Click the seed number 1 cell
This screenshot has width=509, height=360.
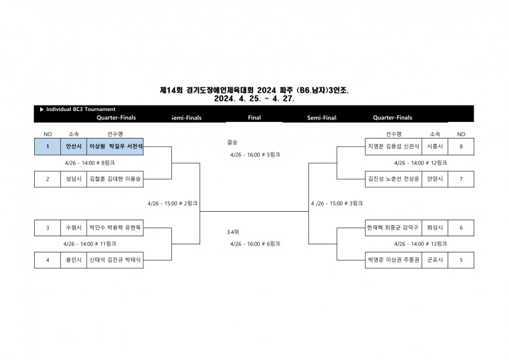tap(48, 146)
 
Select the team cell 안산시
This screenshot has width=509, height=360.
tap(73, 146)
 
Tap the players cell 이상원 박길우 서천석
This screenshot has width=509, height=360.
tap(115, 146)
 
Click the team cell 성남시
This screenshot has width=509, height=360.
tap(73, 179)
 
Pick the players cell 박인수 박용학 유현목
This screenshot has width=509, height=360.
tap(115, 228)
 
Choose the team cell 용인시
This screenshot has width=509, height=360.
tap(73, 260)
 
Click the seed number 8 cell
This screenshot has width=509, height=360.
tap(461, 146)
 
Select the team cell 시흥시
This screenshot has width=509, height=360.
tap(435, 146)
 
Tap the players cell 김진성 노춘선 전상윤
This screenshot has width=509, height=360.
tap(393, 179)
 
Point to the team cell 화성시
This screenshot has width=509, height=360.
tap(435, 228)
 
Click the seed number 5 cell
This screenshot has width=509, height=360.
tap(461, 260)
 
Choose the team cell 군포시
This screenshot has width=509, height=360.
tap(435, 260)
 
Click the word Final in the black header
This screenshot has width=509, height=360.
tap(255, 118)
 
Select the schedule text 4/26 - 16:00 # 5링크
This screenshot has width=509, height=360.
tap(255, 155)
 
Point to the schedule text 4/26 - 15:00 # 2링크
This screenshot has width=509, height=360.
tap(173, 203)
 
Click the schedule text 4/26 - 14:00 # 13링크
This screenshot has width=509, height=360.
tap(421, 243)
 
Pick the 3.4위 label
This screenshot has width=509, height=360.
tap(233, 232)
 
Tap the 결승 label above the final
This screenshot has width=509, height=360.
tap(232, 142)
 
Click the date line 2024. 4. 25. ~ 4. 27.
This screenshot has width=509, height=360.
tap(254, 98)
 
